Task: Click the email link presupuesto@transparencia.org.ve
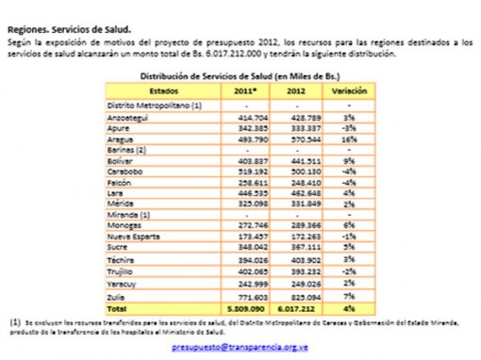click(x=240, y=347)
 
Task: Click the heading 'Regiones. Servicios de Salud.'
click(x=71, y=31)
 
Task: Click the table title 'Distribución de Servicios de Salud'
click(x=240, y=74)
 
